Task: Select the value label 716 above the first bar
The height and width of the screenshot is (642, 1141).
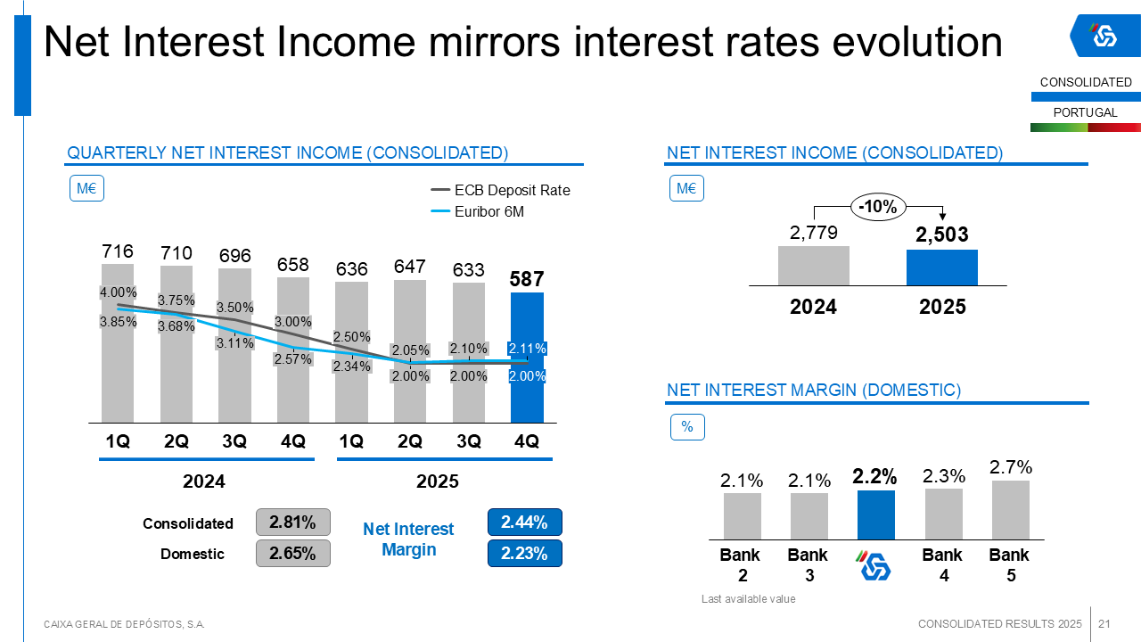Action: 118,251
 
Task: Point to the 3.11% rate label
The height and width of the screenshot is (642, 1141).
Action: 235,342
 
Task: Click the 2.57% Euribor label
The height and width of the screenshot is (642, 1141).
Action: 293,359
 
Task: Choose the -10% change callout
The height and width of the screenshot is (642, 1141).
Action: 878,207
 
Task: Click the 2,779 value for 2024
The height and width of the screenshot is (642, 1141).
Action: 813,233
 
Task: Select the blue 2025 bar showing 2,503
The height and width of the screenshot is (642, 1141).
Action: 942,267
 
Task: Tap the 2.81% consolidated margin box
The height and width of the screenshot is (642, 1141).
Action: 293,522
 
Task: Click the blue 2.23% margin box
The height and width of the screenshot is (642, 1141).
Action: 524,553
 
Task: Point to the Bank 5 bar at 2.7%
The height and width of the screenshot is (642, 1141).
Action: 1011,509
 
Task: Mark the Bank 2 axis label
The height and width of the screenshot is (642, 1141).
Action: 742,564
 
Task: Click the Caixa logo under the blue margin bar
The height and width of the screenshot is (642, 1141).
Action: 874,565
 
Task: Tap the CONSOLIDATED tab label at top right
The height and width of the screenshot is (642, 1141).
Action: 1086,83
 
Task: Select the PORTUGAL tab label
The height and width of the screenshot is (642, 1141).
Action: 1086,113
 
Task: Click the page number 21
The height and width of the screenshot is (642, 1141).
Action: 1104,623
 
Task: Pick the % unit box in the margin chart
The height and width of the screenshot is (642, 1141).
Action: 687,427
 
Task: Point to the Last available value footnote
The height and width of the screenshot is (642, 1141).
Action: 748,599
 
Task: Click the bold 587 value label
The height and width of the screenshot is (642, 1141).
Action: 527,279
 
